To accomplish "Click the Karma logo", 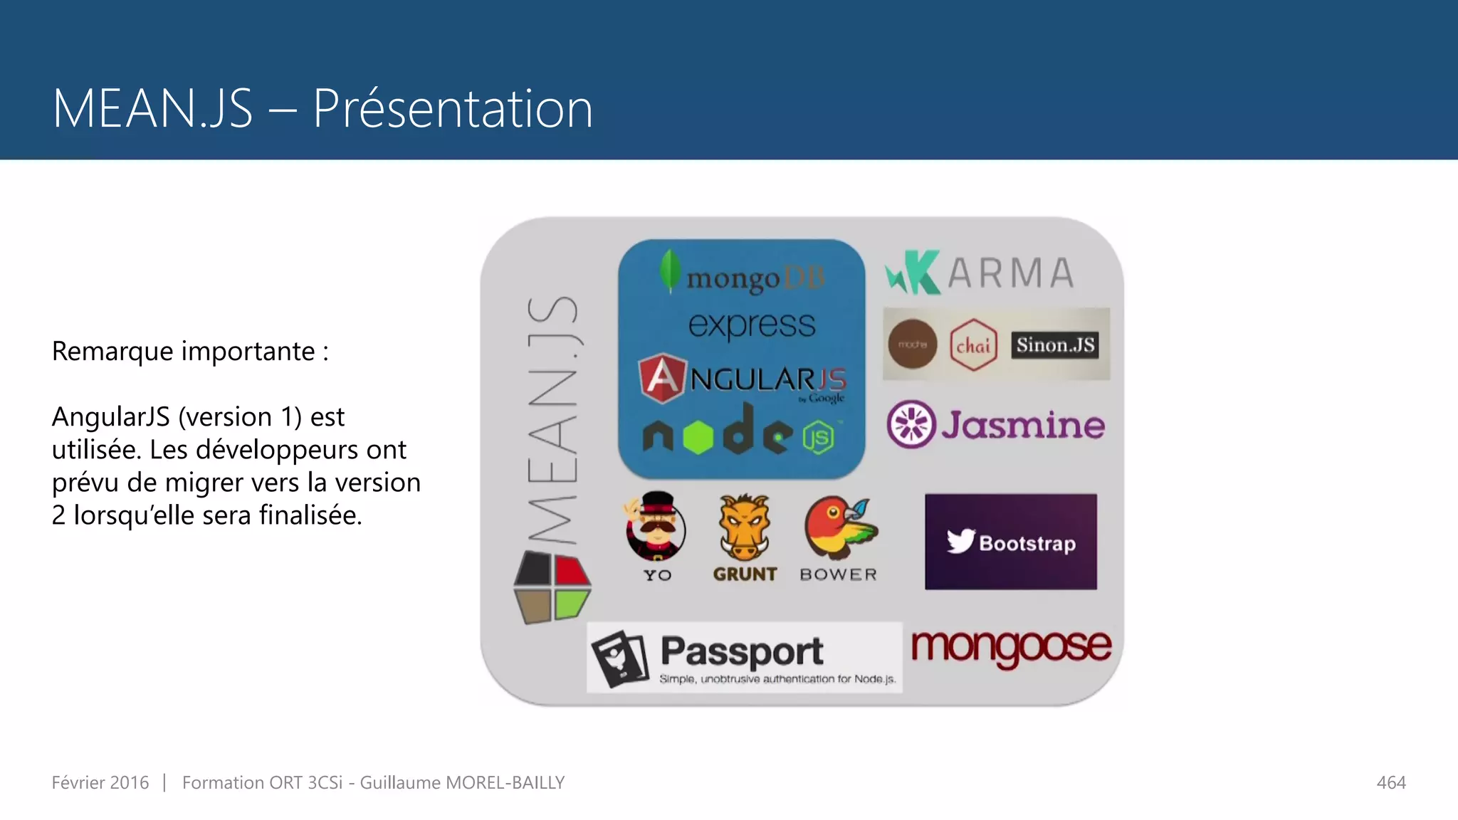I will click(x=980, y=273).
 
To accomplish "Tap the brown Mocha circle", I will click(x=912, y=345).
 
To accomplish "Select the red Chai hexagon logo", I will click(x=973, y=345).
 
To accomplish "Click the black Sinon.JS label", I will click(x=1055, y=345).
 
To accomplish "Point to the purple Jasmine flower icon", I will click(x=911, y=424).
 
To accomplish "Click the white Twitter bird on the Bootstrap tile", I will click(x=960, y=541).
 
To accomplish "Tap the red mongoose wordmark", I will click(x=1011, y=648).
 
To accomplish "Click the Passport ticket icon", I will click(x=621, y=659).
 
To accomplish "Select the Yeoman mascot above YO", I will click(x=656, y=527).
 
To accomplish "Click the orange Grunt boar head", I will click(x=744, y=527).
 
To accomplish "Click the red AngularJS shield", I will click(x=662, y=377).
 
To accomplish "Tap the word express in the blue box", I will click(x=752, y=325).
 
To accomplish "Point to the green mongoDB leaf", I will click(x=669, y=270).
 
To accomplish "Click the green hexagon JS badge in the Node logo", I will click(x=819, y=437).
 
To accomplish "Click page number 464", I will click(x=1391, y=783).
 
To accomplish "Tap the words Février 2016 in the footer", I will click(x=100, y=783).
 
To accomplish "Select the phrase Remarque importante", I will click(x=184, y=352).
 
